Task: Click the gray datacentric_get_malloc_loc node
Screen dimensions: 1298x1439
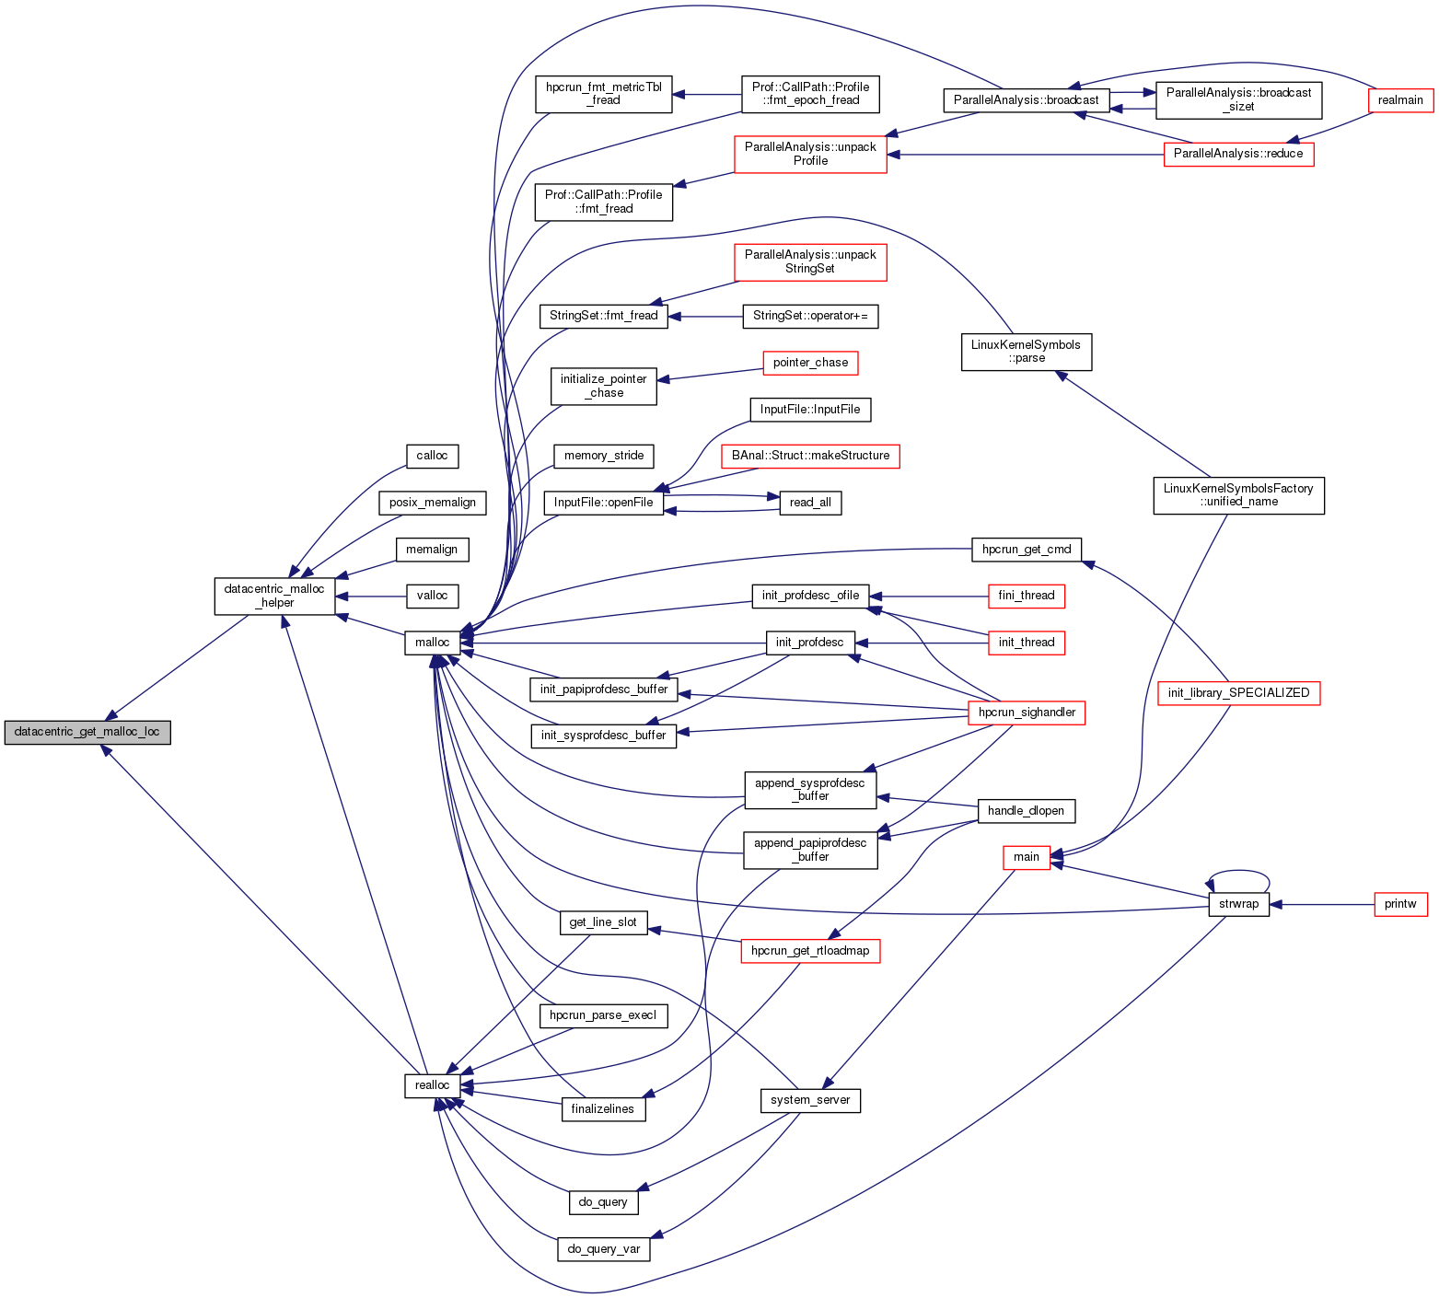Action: pyautogui.click(x=87, y=733)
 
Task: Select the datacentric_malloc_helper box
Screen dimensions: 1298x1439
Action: pyautogui.click(x=274, y=596)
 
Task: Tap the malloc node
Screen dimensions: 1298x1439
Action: pyautogui.click(x=432, y=643)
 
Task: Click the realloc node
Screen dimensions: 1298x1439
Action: pyautogui.click(x=432, y=1085)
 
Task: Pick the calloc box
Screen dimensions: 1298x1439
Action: pyautogui.click(x=432, y=456)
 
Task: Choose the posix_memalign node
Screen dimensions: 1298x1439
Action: pyautogui.click(x=432, y=503)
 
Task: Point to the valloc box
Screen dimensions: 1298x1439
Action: pyautogui.click(x=432, y=596)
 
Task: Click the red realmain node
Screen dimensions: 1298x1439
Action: pyautogui.click(x=1400, y=100)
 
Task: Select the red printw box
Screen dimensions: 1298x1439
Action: pyautogui.click(x=1400, y=904)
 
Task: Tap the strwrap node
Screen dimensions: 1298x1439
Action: pyautogui.click(x=1238, y=904)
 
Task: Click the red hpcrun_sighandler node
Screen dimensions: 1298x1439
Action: pyautogui.click(x=1027, y=713)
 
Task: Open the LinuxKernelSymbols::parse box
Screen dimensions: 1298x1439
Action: pyautogui.click(x=1026, y=352)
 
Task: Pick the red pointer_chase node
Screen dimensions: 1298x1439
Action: pyautogui.click(x=810, y=363)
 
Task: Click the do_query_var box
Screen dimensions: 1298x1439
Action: pyautogui.click(x=603, y=1249)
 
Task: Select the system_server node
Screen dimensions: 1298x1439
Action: pyautogui.click(x=810, y=1100)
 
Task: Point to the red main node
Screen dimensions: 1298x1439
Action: pyautogui.click(x=1026, y=857)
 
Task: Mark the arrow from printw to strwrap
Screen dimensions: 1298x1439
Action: pyautogui.click(x=1321, y=904)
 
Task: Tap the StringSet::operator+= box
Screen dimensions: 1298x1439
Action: pyautogui.click(x=810, y=316)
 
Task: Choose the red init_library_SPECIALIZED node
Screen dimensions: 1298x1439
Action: pyautogui.click(x=1238, y=693)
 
